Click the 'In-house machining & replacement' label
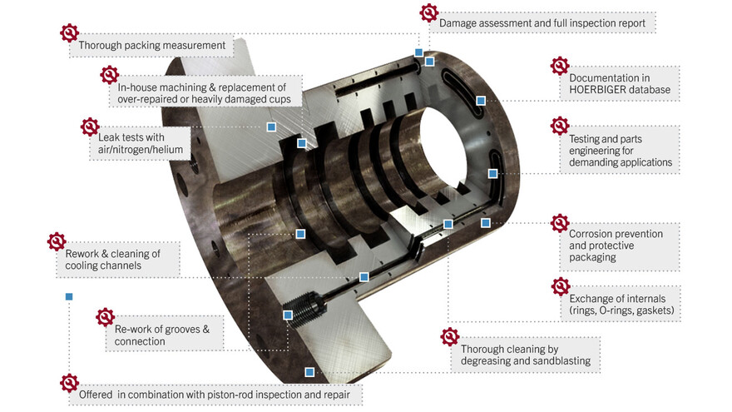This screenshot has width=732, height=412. pyautogui.click(x=202, y=92)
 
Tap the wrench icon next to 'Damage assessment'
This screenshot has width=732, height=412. pyautogui.click(x=428, y=12)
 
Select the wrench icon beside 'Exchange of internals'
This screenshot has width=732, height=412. pyautogui.click(x=561, y=286)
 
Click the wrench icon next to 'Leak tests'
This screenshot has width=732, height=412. pyautogui.click(x=90, y=127)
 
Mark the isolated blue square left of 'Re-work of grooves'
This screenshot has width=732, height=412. pyautogui.click(x=69, y=296)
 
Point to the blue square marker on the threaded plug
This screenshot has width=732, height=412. pyautogui.click(x=288, y=315)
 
